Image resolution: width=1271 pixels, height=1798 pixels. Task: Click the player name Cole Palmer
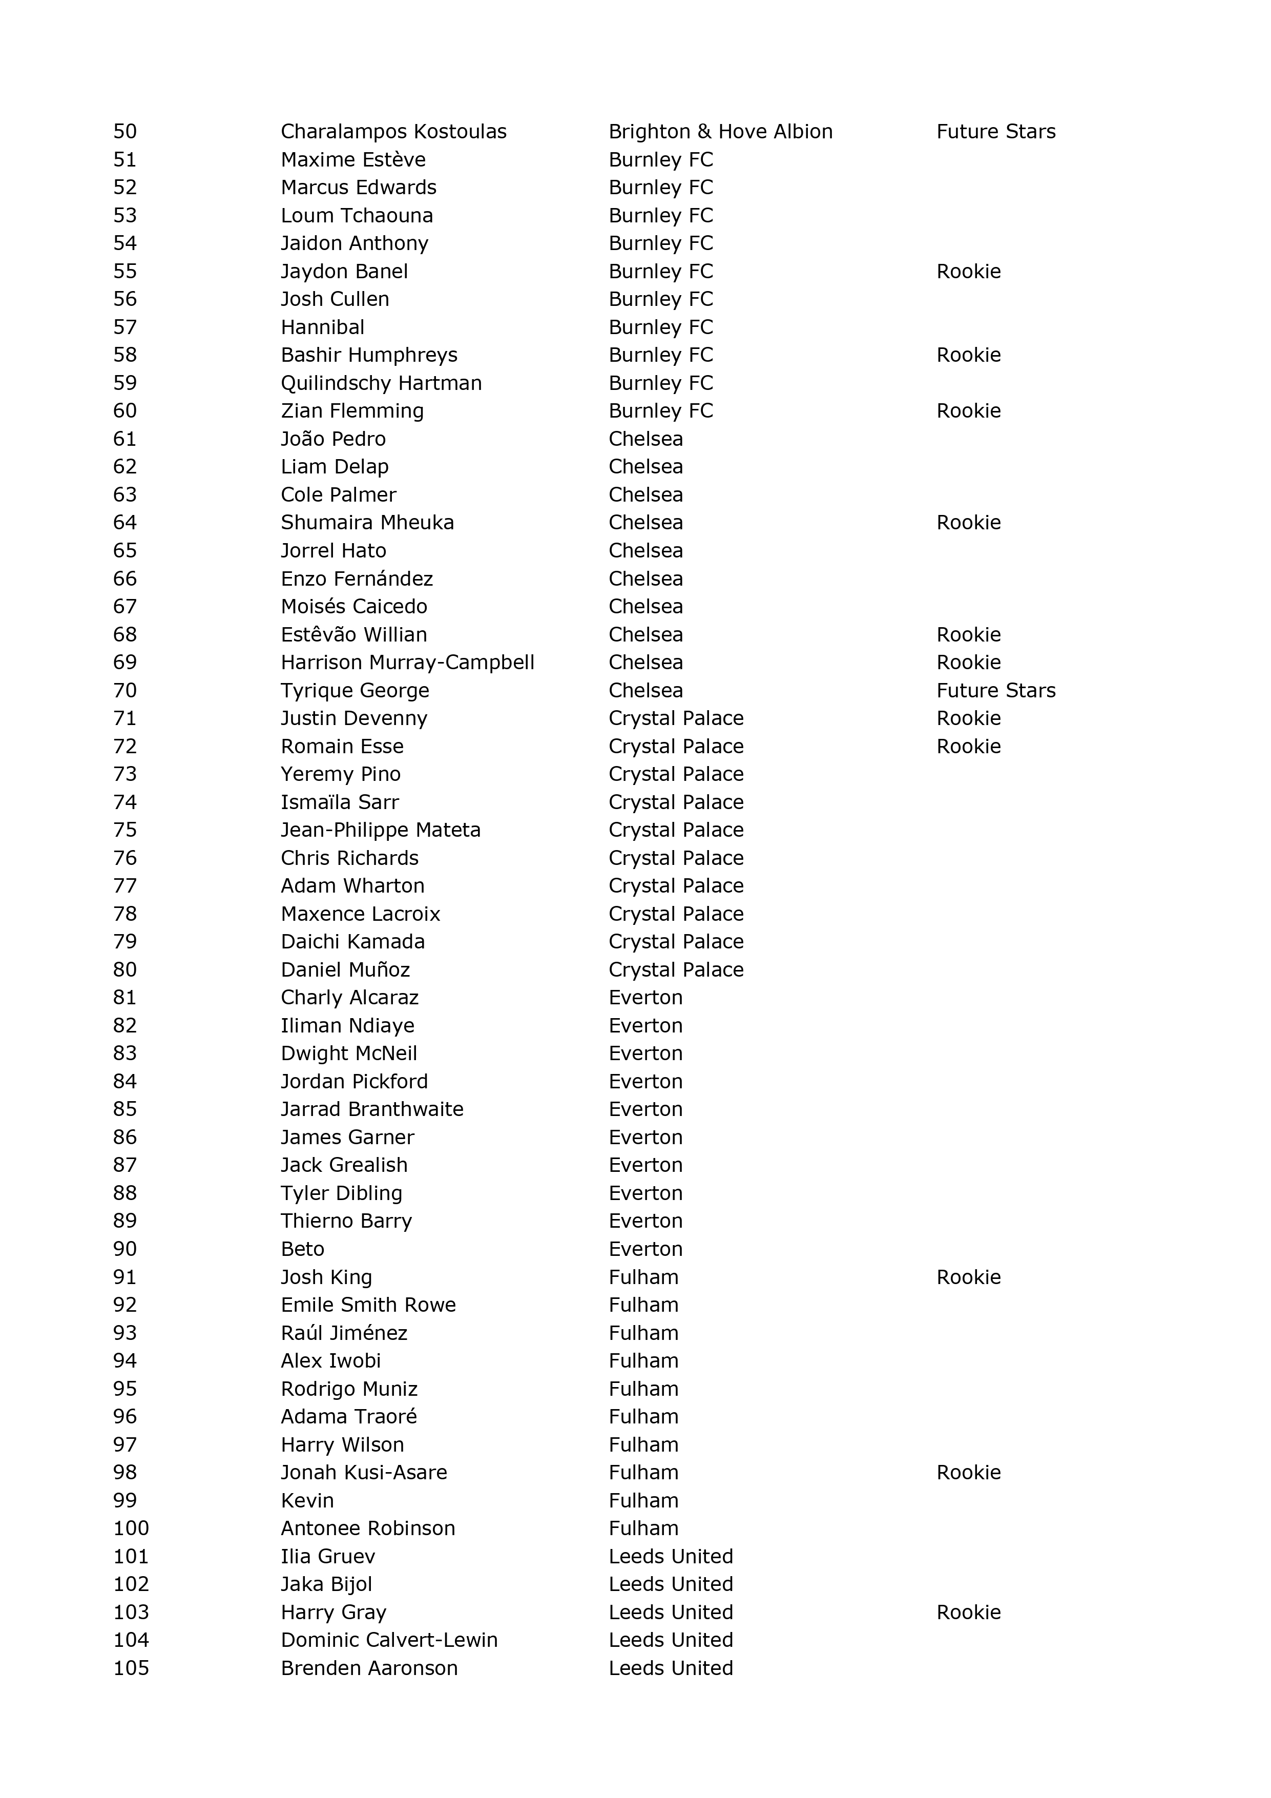pyautogui.click(x=338, y=495)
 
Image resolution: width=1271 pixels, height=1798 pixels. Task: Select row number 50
pyautogui.click(x=126, y=132)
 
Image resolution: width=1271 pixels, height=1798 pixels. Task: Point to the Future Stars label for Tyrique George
pyautogui.click(x=995, y=691)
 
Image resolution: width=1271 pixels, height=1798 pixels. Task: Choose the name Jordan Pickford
pyautogui.click(x=354, y=1082)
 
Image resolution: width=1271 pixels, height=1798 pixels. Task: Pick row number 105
pyautogui.click(x=131, y=1668)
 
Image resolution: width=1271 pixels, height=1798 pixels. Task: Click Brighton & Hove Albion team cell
pyautogui.click(x=720, y=132)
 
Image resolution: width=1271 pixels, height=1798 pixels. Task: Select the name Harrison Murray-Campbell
pyautogui.click(x=407, y=663)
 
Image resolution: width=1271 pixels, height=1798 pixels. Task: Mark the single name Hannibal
pyautogui.click(x=323, y=327)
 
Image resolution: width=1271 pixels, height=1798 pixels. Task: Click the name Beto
pyautogui.click(x=302, y=1249)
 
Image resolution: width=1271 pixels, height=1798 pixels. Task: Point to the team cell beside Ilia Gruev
pyautogui.click(x=671, y=1557)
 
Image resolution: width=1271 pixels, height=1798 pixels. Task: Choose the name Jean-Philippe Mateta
pyautogui.click(x=381, y=830)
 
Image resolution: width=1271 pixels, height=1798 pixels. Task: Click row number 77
pyautogui.click(x=126, y=886)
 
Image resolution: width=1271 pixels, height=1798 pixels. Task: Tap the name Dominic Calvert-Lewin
pyautogui.click(x=389, y=1640)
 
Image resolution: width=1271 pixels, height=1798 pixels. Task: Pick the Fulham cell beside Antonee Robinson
pyautogui.click(x=643, y=1528)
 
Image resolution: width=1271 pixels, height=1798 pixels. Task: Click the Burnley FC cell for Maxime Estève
pyautogui.click(x=660, y=160)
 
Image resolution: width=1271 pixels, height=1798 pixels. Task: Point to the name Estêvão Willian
pyautogui.click(x=354, y=634)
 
